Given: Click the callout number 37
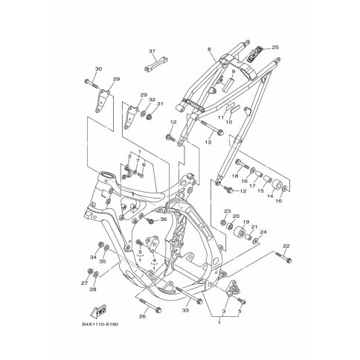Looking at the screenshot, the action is (152, 51).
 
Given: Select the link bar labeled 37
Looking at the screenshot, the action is (156, 65).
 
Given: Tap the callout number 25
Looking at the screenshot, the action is (275, 47).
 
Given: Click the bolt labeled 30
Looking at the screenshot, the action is (91, 83).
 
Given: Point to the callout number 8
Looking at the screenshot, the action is (209, 49).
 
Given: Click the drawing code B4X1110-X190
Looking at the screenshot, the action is (100, 324).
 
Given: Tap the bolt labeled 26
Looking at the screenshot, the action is (150, 305).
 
